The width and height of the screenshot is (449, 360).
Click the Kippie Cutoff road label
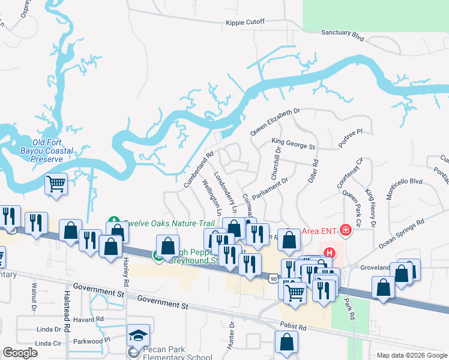tap(245, 22)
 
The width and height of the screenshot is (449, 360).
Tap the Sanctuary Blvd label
tap(343, 34)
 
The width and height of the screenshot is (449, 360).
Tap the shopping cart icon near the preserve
tap(56, 184)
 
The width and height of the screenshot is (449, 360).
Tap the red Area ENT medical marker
tap(345, 230)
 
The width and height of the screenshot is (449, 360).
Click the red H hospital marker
tap(329, 254)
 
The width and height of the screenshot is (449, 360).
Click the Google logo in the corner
tap(20, 353)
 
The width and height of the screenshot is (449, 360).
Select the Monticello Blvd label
tap(405, 188)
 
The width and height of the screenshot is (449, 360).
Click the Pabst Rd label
tap(294, 328)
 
